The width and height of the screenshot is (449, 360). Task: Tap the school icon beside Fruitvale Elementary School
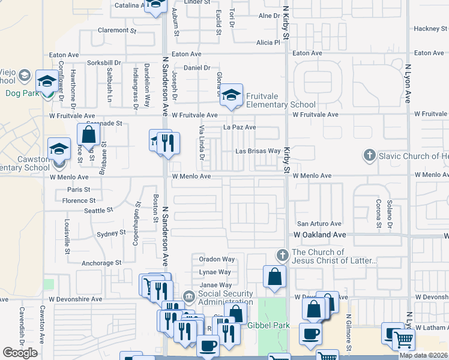(x=231, y=95)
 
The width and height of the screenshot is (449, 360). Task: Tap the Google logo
(x=20, y=353)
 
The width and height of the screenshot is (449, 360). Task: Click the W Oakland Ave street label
(x=320, y=235)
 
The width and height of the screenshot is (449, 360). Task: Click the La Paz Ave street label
(x=240, y=127)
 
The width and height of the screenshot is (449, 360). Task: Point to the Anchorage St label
(x=101, y=263)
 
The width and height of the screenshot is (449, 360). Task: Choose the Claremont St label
(x=118, y=30)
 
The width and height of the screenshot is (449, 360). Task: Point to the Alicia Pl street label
(x=268, y=43)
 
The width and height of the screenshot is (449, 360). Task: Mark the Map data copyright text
(x=424, y=355)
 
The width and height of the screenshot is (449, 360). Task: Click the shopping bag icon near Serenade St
(x=88, y=135)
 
